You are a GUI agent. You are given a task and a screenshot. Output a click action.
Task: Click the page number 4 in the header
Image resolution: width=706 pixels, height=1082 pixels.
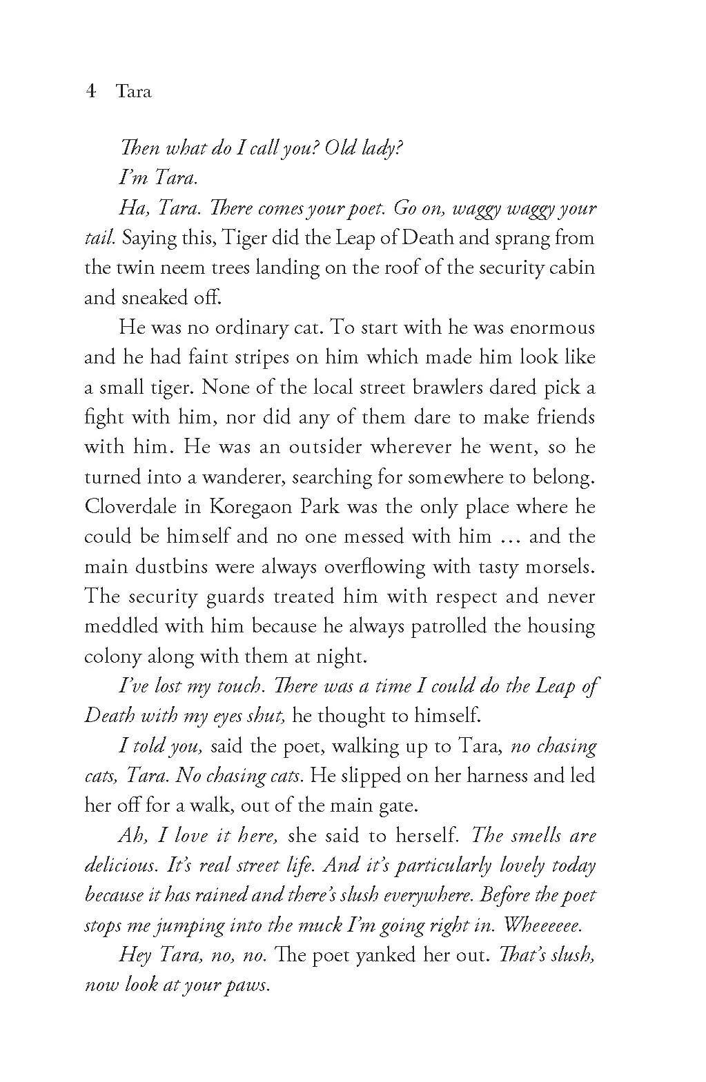click(90, 92)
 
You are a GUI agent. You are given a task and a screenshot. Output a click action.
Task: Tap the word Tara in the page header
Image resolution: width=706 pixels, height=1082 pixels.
click(134, 92)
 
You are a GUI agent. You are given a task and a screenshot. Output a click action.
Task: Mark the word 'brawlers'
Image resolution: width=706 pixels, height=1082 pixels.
click(449, 387)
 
